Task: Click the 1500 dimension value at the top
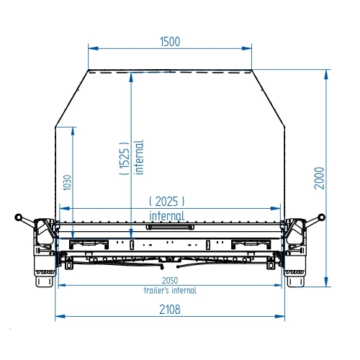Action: click(170, 42)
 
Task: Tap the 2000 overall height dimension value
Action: click(320, 178)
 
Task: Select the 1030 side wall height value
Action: click(68, 183)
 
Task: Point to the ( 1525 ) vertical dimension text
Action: click(125, 158)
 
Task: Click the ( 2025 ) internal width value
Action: click(167, 201)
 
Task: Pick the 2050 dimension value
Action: click(170, 280)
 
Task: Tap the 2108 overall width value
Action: click(170, 310)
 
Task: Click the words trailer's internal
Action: click(170, 290)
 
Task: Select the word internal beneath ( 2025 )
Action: click(167, 216)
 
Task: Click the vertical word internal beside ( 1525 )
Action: click(139, 157)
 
